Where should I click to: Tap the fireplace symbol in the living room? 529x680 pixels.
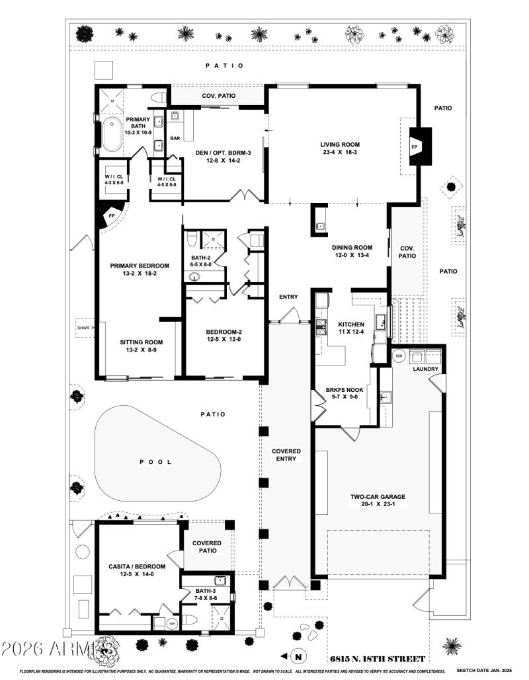coord(416,146)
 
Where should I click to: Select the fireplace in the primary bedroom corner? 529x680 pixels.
coord(106,215)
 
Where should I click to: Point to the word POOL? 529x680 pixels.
coord(155,462)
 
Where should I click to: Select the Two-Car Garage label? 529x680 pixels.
coord(378,497)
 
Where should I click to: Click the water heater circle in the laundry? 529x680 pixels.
coord(399,356)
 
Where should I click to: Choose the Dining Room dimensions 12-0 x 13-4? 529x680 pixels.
coord(350,254)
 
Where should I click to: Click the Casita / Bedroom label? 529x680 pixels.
coord(137,566)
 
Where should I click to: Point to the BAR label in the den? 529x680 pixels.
coord(175,139)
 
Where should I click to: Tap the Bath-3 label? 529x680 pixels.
coord(204,590)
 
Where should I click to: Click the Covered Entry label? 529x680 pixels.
coord(286,455)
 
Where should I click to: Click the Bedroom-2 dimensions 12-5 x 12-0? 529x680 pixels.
coord(225,340)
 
